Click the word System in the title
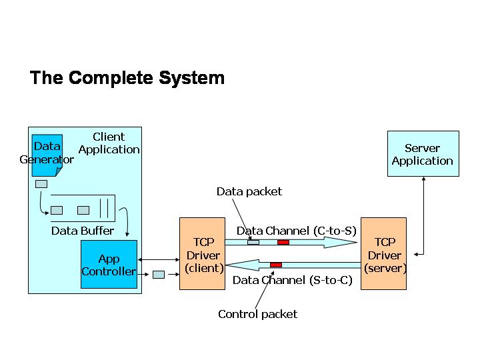click(191, 79)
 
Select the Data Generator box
click(47, 155)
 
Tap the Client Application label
click(109, 143)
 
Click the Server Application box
click(423, 154)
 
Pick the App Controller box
click(109, 264)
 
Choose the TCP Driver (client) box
click(202, 253)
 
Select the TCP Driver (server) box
click(383, 253)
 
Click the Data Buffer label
click(83, 231)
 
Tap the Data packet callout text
click(249, 191)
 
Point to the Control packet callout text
click(257, 314)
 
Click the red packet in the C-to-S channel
click(283, 242)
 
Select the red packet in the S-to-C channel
click(276, 265)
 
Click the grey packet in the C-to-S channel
click(253, 242)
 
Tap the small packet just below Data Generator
click(41, 184)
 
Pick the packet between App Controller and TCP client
click(159, 275)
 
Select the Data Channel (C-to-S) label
click(296, 231)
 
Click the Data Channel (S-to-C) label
click(293, 280)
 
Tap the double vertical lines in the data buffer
click(104, 208)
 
